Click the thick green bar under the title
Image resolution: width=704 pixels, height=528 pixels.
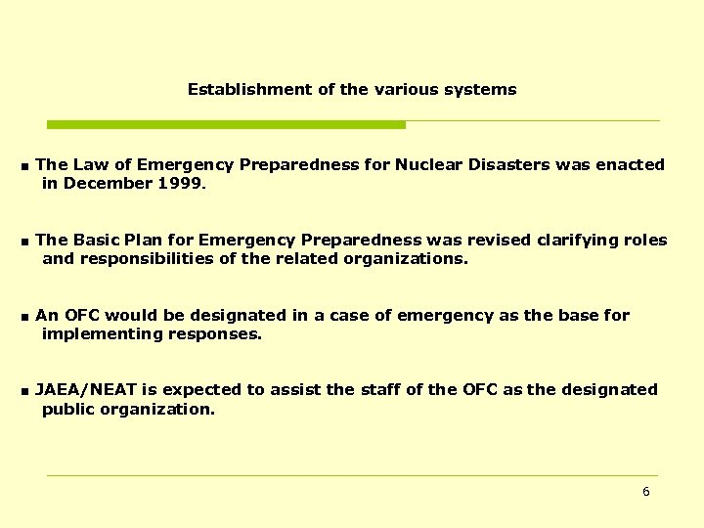pyautogui.click(x=226, y=125)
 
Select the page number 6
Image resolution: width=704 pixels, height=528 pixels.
pyautogui.click(x=645, y=492)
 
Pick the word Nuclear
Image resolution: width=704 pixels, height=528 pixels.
pyautogui.click(x=433, y=165)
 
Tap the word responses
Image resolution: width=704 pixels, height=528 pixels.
pyautogui.click(x=215, y=334)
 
